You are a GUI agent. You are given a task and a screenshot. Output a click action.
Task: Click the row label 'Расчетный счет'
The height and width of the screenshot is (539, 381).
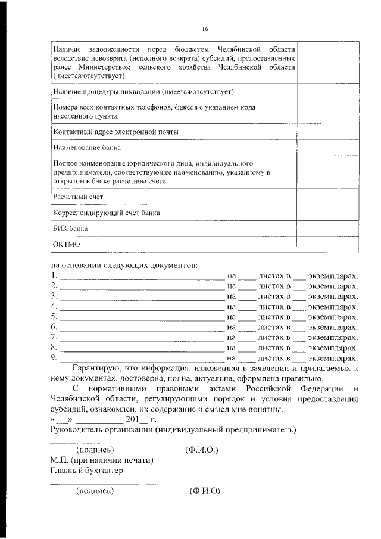click(78, 196)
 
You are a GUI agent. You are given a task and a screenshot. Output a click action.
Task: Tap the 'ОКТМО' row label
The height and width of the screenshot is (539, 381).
click(66, 244)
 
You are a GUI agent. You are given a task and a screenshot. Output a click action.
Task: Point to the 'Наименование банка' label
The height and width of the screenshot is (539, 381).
click(86, 147)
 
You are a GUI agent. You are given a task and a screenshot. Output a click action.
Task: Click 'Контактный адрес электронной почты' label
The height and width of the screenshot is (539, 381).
click(115, 131)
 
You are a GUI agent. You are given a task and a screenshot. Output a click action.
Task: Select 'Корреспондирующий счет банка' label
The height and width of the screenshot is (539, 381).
click(106, 212)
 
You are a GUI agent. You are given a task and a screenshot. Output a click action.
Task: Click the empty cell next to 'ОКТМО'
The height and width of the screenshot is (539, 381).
click(327, 244)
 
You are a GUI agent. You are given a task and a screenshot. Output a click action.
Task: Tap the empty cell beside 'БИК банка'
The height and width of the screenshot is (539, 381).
click(327, 228)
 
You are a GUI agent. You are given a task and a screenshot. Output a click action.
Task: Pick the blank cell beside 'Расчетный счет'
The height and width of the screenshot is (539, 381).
click(327, 196)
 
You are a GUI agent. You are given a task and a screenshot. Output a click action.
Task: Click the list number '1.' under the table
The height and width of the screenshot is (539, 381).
click(54, 276)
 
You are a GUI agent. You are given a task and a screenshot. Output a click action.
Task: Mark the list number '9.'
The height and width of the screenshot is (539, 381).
click(54, 358)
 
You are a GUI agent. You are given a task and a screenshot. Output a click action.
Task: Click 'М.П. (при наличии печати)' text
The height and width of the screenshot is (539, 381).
click(102, 460)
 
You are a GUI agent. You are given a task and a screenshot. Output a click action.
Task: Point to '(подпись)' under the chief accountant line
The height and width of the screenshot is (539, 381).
click(94, 491)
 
